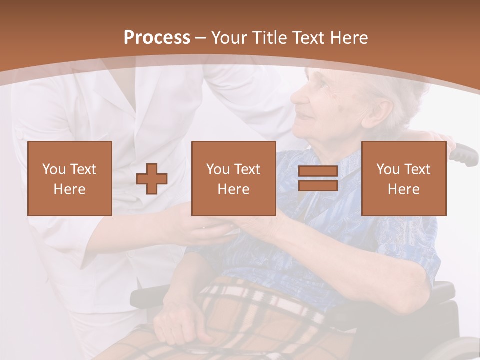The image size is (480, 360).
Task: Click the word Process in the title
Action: (x=157, y=38)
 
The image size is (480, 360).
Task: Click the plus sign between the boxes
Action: (x=152, y=179)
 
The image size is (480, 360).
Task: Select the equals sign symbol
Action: (x=318, y=178)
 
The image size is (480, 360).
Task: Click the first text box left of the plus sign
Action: (x=69, y=178)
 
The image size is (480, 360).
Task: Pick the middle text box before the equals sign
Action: (x=233, y=178)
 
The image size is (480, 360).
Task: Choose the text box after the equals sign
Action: (x=403, y=178)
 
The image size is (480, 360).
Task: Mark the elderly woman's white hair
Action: (x=395, y=85)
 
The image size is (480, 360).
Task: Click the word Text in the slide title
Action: (x=308, y=38)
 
